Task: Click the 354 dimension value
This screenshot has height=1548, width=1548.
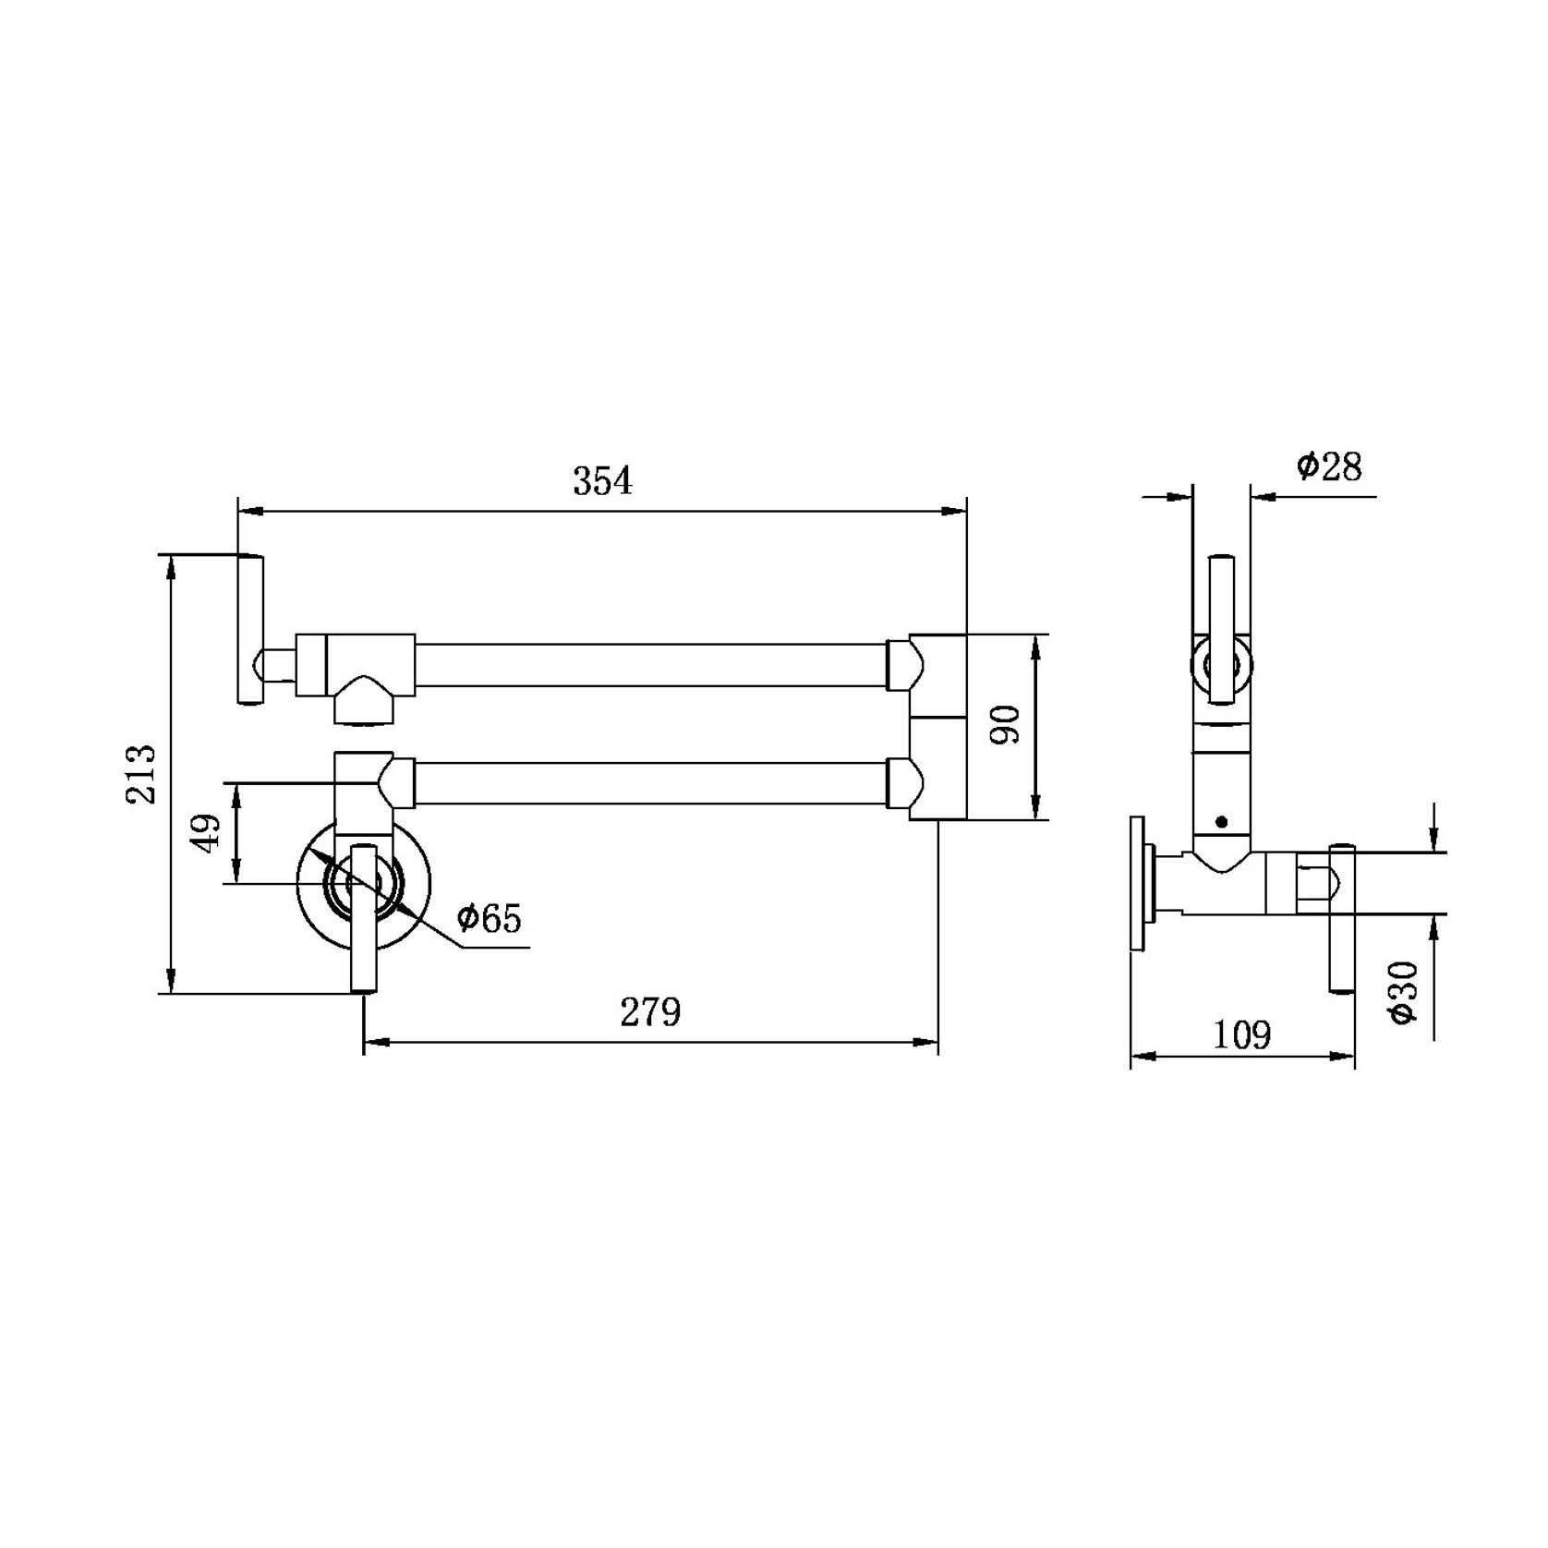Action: coord(603,481)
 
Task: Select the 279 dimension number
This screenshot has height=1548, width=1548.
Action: coord(650,1012)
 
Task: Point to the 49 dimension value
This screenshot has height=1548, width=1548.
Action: coord(208,833)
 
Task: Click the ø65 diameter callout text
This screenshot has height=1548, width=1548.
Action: coord(489,918)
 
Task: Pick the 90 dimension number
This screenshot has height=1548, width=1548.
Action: coord(1006,725)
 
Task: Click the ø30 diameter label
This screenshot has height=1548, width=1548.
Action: coord(1403,992)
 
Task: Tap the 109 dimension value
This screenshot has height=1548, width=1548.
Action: coord(1241,1035)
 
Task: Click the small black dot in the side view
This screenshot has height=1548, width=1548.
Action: coord(1222,821)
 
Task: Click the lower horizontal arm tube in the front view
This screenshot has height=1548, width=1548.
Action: coord(650,782)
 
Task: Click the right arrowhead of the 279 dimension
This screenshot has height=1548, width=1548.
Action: coord(927,1043)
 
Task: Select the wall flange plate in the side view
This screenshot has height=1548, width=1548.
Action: coord(1138,881)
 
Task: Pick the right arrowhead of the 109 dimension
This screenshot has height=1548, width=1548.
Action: coord(1345,1056)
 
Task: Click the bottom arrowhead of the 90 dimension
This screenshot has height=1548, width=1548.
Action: coord(1037,809)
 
